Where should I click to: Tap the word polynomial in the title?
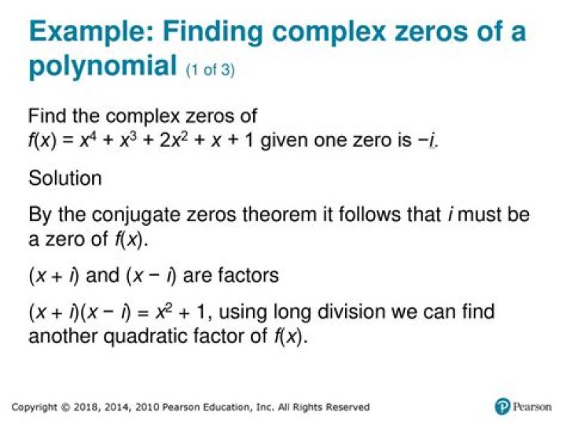tap(101, 66)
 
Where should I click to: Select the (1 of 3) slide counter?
tap(210, 70)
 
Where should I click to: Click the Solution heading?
tap(65, 179)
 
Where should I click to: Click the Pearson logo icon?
tap(502, 407)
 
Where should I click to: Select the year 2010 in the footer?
tap(149, 407)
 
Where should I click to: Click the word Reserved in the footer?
tap(345, 407)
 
